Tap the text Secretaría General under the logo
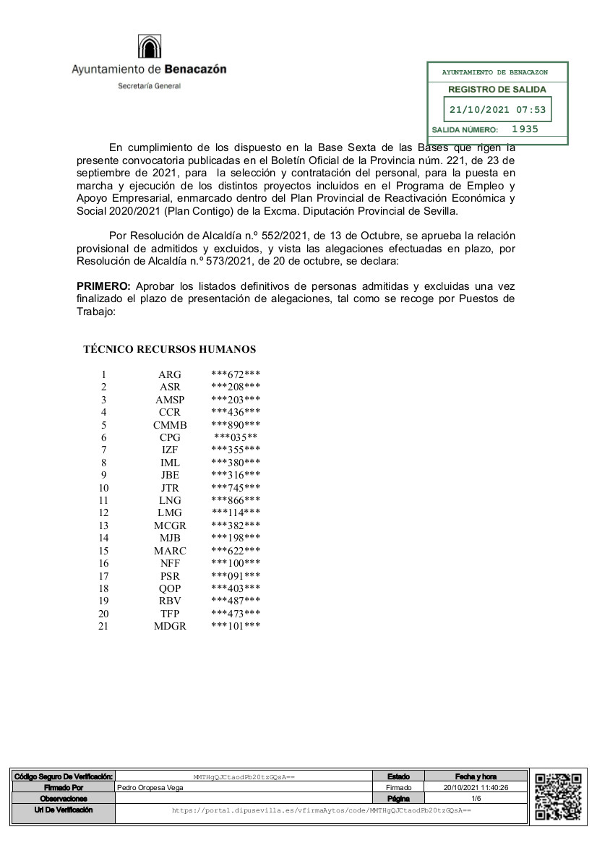click(x=150, y=86)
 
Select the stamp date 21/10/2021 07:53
click(x=497, y=111)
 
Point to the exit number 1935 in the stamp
click(x=525, y=129)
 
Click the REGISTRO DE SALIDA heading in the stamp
click(x=497, y=90)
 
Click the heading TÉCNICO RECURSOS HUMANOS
click(x=170, y=349)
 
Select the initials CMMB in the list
click(x=170, y=425)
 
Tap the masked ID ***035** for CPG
click(x=236, y=437)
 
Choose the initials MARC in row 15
click(x=170, y=551)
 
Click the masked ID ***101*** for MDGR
click(x=236, y=626)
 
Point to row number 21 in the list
click(x=103, y=626)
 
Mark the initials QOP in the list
click(x=170, y=588)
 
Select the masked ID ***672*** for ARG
click(x=236, y=374)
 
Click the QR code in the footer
click(x=558, y=795)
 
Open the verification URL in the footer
click(x=322, y=811)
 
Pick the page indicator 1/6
click(x=476, y=799)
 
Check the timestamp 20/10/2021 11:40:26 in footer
click(x=476, y=787)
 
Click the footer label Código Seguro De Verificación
click(x=64, y=776)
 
